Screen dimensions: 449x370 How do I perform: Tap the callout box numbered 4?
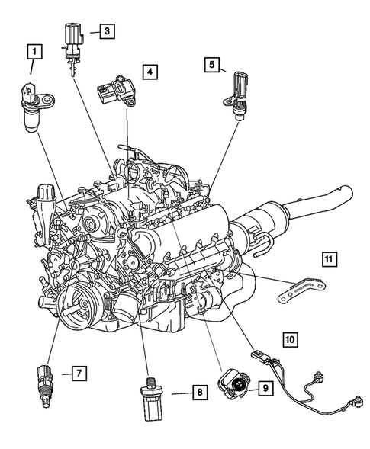pyautogui.click(x=150, y=73)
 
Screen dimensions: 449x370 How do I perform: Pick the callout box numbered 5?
pyautogui.click(x=211, y=65)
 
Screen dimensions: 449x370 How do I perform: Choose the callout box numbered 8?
pyautogui.click(x=198, y=393)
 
